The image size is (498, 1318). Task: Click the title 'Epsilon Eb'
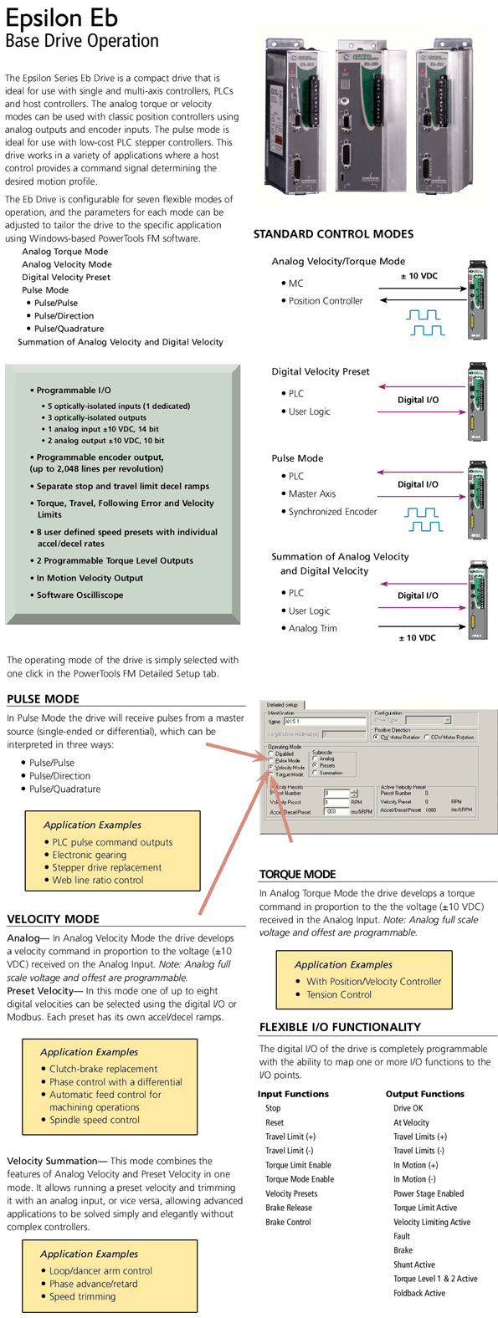pos(62,18)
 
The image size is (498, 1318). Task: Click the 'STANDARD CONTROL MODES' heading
pos(333,234)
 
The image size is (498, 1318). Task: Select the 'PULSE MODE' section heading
pos(44,699)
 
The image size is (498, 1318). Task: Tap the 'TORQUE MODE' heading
pos(297,874)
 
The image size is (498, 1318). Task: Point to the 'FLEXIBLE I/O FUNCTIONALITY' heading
pos(340,1027)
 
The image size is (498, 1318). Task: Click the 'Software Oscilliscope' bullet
pos(80,595)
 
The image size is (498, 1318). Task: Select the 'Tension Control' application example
pos(338,994)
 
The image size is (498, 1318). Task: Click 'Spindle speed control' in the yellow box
pos(94,1120)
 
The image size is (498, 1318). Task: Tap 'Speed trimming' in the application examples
pos(82,1296)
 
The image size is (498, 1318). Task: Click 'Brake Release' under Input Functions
pos(289,1208)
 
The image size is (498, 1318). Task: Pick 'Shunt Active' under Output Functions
pos(414,1264)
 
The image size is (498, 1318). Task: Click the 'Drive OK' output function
pos(408,1108)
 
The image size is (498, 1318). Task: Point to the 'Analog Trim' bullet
pos(312,628)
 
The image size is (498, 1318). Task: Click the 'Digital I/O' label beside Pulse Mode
pos(418,484)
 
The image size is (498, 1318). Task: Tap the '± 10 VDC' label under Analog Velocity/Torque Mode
pos(418,276)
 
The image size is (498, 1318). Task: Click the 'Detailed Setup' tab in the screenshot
pos(282,705)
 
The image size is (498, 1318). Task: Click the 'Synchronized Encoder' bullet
pos(332,511)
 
